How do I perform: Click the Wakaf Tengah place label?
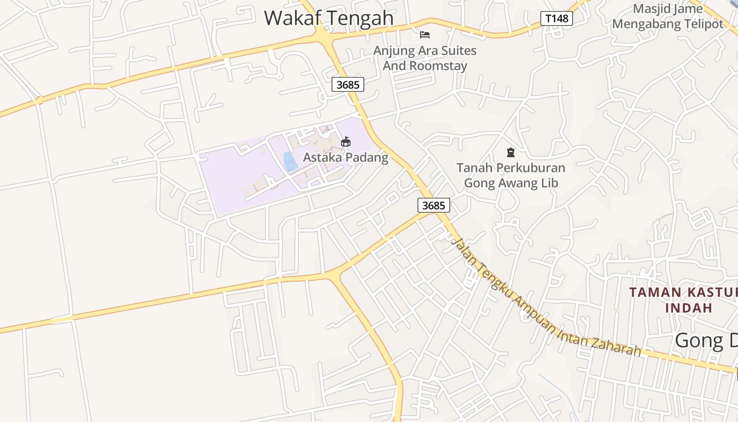point(328,17)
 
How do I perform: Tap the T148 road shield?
point(557,19)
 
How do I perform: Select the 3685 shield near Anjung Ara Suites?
point(348,84)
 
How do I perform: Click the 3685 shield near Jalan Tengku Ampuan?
point(434,205)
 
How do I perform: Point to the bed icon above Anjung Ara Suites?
point(425,35)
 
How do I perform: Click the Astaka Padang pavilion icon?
point(346,141)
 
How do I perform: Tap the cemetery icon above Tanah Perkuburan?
point(510,152)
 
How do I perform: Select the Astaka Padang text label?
point(345,157)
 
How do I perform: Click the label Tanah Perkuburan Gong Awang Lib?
point(510,175)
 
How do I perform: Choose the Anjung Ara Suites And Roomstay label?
point(425,58)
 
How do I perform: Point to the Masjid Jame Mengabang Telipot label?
point(668,16)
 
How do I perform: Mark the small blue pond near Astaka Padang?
point(290,161)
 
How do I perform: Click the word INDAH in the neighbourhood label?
point(688,308)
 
